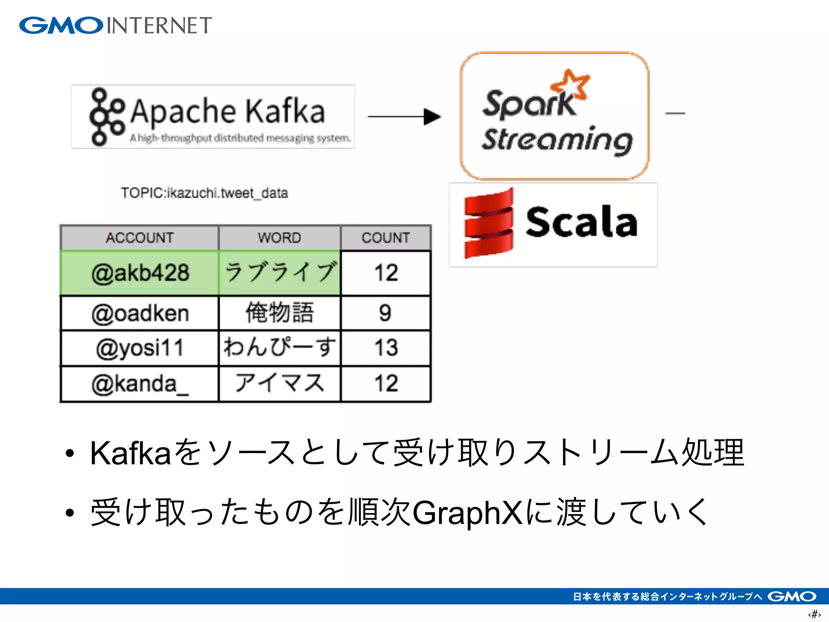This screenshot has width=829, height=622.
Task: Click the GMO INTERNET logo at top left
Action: point(115,26)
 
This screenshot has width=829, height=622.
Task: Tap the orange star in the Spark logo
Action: point(571,84)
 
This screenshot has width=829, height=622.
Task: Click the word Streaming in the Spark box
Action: point(557,140)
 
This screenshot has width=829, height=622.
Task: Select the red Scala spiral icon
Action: point(489,224)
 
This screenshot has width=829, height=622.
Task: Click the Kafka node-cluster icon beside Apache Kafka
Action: point(106,117)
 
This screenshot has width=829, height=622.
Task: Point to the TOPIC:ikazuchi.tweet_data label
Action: point(204,193)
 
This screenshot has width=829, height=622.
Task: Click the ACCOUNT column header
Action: point(140,238)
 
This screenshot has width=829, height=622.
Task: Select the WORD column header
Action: point(279,238)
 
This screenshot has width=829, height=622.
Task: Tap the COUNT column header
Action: point(386,238)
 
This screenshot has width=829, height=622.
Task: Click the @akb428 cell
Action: point(140,273)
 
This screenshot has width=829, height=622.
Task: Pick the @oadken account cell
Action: point(140,313)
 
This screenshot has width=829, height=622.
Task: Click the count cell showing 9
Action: point(386,313)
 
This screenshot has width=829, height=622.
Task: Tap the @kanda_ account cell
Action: point(140,384)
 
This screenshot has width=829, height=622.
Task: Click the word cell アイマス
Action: point(279,384)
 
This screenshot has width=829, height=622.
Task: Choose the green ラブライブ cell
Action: point(279,273)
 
